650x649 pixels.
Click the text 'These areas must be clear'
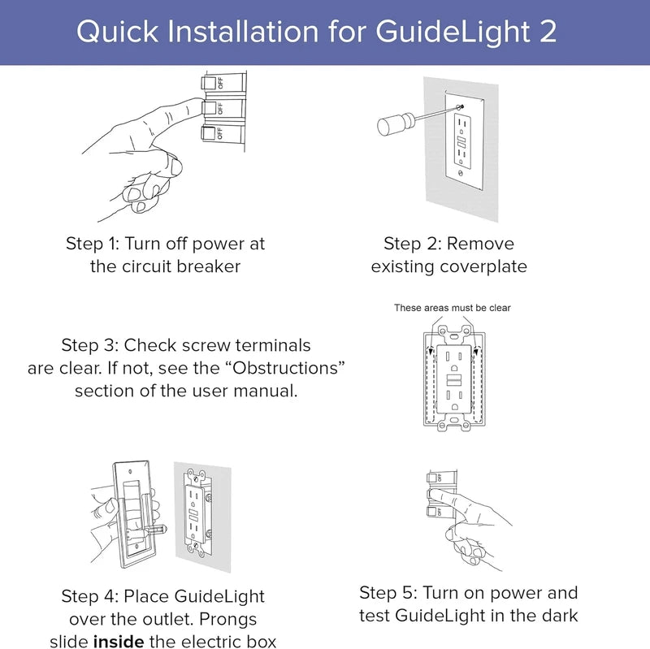click(452, 308)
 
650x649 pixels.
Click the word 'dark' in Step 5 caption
click(559, 615)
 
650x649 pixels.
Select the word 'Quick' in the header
click(114, 32)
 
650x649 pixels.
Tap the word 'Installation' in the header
click(238, 32)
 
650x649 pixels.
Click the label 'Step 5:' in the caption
click(389, 592)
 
